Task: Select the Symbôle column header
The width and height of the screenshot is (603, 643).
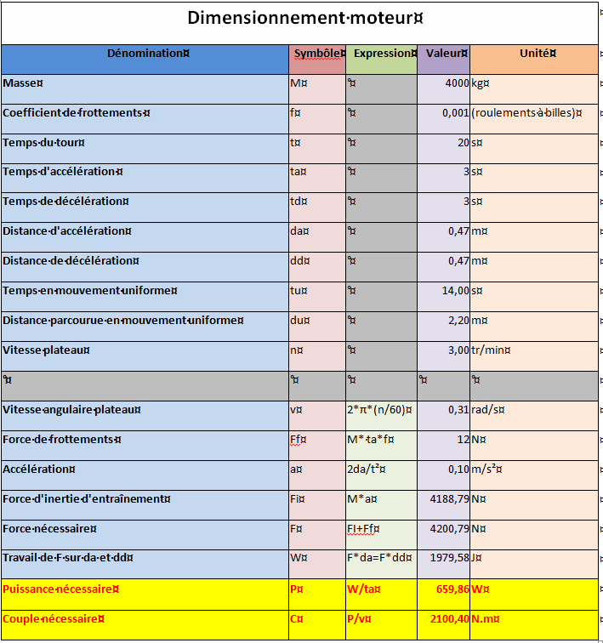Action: click(x=317, y=54)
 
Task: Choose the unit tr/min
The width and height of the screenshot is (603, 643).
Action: click(x=493, y=350)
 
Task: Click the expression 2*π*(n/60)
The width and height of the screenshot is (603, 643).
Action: click(x=379, y=410)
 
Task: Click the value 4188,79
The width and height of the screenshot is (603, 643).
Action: click(x=450, y=498)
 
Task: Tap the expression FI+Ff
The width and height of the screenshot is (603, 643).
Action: click(x=363, y=528)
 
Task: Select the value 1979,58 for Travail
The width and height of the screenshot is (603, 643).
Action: click(x=450, y=558)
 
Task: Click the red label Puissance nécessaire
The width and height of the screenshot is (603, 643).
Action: click(x=60, y=589)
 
